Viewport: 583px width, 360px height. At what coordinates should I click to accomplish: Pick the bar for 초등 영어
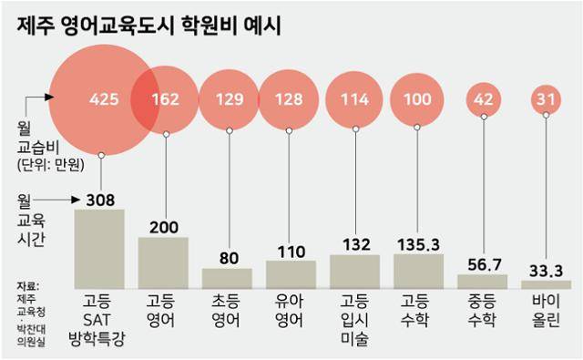click(227, 278)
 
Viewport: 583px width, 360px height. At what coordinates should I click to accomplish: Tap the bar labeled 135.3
click(418, 271)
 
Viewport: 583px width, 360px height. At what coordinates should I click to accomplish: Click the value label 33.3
click(546, 270)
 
